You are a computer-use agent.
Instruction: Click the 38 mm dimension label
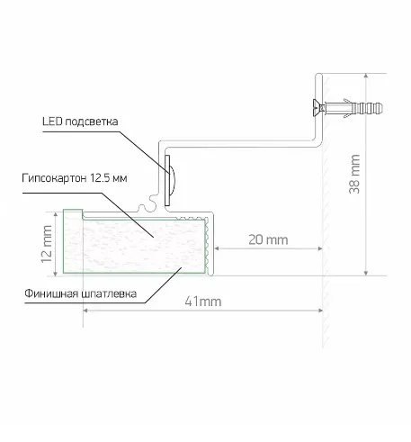(354, 174)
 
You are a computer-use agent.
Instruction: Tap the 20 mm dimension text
(268, 239)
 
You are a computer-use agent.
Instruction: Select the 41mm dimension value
(203, 302)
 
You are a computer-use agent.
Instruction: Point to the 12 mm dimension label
(47, 244)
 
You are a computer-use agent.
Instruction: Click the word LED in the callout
(52, 122)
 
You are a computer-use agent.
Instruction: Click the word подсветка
(91, 122)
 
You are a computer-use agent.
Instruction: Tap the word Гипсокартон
(54, 178)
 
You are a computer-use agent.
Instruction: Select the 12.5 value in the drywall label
(100, 178)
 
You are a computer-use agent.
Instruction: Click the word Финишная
(49, 293)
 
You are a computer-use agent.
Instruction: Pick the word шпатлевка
(107, 293)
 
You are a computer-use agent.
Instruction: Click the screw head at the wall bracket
(317, 107)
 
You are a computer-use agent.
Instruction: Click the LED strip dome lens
(172, 180)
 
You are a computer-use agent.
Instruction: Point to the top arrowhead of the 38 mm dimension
(366, 76)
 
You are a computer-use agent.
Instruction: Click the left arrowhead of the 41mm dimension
(85, 311)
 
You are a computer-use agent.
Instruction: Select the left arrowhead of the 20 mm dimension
(217, 248)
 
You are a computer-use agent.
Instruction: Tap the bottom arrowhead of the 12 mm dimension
(55, 274)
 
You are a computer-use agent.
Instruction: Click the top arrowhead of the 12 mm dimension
(55, 214)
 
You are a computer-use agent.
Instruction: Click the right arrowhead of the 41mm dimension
(320, 311)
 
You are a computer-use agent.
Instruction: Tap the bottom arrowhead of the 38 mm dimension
(366, 273)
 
